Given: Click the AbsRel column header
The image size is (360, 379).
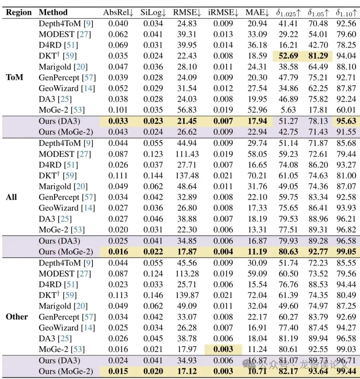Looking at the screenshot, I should (x=118, y=13).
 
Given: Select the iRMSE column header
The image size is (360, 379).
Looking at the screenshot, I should (x=223, y=13).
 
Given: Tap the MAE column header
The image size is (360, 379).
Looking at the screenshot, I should (x=257, y=13).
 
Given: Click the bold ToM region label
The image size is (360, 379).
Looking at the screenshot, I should (x=14, y=77).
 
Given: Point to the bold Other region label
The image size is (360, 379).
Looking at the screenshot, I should (x=17, y=317).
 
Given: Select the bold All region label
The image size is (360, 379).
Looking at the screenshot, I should (x=11, y=197).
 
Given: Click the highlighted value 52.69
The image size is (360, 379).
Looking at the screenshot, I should (x=288, y=56).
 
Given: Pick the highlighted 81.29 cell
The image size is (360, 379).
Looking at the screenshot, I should (x=318, y=56).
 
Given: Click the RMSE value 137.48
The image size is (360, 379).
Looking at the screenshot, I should (x=187, y=175).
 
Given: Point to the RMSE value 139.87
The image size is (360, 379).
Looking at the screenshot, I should (x=187, y=295).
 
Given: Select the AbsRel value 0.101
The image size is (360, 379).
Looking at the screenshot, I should (x=118, y=110).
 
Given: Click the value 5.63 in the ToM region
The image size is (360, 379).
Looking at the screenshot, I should (x=288, y=110).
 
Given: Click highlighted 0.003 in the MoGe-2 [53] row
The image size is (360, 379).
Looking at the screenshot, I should (x=223, y=349).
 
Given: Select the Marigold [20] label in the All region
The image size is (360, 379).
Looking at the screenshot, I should (x=63, y=186).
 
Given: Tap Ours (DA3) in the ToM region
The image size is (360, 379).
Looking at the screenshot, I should (x=59, y=121).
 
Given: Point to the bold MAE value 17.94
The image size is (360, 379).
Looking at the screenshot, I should (x=257, y=121).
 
